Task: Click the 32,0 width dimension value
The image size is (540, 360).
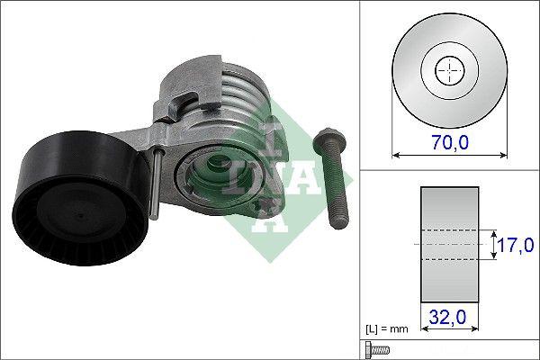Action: [447, 317]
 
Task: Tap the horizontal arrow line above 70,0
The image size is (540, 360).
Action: [447, 155]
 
